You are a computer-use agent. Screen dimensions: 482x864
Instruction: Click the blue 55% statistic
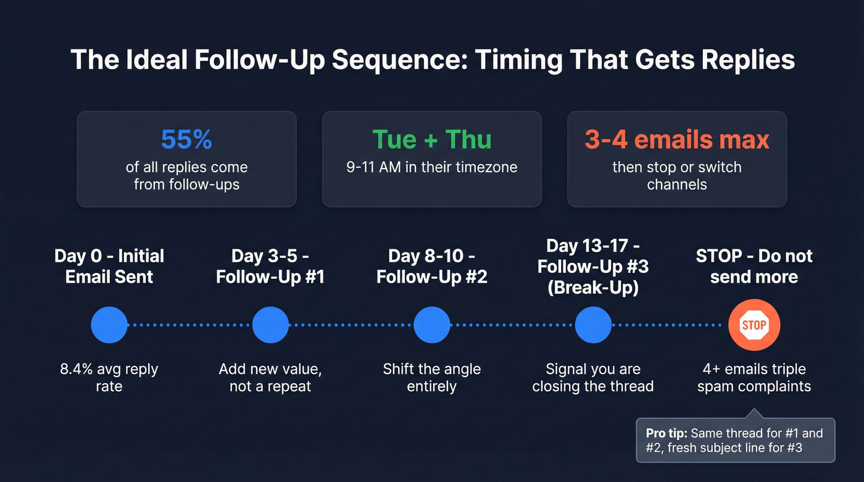tap(186, 139)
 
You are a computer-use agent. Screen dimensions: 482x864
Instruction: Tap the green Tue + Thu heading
tap(431, 139)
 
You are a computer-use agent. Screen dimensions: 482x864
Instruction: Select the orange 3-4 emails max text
tap(677, 139)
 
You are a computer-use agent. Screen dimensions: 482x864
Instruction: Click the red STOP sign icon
tap(754, 325)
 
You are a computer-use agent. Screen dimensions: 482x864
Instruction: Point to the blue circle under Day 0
tap(109, 325)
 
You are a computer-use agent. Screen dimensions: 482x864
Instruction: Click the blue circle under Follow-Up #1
tap(270, 325)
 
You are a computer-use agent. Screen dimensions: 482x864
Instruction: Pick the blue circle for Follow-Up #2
tap(431, 325)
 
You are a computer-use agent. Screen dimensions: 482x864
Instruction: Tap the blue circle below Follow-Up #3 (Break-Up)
tap(592, 325)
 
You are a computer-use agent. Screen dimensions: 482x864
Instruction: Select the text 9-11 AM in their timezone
tap(431, 167)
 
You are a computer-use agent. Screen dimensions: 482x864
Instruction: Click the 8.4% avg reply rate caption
tap(109, 378)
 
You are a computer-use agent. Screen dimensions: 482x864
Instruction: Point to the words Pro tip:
tap(668, 433)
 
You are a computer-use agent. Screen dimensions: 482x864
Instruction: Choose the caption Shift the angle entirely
tap(431, 378)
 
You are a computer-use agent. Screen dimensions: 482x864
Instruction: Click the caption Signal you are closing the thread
tap(592, 378)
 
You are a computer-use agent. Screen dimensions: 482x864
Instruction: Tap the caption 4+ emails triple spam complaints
tap(754, 378)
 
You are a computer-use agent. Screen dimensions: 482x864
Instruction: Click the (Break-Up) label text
tap(592, 287)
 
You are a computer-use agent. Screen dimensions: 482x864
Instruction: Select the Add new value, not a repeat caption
tap(270, 378)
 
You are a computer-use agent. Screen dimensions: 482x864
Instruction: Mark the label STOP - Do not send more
tap(754, 266)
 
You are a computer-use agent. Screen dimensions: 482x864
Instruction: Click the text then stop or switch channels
tap(677, 175)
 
